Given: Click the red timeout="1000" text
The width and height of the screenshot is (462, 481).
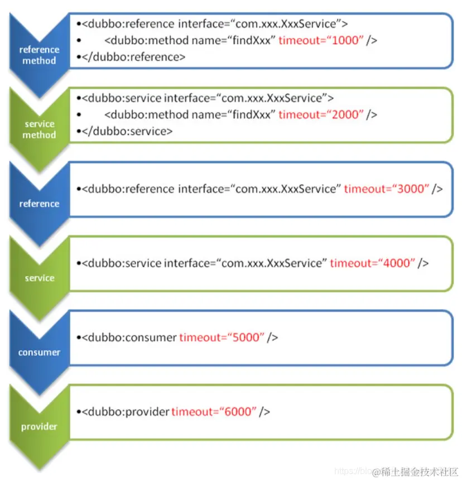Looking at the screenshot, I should coord(321,40).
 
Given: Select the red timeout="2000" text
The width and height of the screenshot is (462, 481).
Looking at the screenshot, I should coord(321,114).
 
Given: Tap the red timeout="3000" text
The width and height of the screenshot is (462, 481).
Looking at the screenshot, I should coord(386,189).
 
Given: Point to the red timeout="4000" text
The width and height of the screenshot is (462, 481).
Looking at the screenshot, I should coord(373,263).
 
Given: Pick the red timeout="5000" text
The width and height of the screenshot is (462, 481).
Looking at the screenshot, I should coord(222,337).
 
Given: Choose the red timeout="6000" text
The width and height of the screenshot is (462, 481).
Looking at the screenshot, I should coord(214,411).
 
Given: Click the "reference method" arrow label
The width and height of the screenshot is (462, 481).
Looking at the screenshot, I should coord(39,55).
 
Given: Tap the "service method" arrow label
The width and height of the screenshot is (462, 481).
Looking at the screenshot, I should coord(40,129).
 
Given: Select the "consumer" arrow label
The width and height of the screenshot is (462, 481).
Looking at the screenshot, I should coord(39,353).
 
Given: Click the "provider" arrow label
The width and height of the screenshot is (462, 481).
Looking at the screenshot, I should coord(39,427).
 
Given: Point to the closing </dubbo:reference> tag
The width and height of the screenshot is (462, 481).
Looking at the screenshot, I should coord(133,57).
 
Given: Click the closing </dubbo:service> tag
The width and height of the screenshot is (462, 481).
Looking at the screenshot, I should coord(127,131).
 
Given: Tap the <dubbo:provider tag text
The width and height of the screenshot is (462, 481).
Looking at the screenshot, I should coord(126,411).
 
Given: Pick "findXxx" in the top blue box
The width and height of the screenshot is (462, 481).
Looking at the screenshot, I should coord(254,40).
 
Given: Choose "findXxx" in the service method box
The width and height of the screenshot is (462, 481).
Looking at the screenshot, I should coord(254,114).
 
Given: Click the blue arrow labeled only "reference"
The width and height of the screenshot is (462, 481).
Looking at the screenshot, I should coord(39,204).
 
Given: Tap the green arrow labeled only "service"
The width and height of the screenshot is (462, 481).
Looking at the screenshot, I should coord(39,278).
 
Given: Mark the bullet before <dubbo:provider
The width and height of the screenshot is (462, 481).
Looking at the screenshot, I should coord(79,412).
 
